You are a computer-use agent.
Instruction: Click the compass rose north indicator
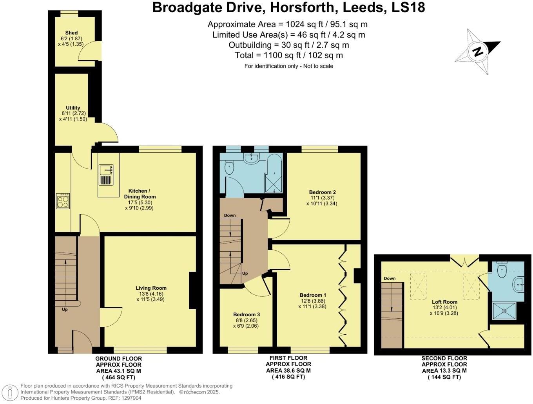pyautogui.click(x=477, y=51)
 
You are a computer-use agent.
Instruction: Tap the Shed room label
pyautogui.click(x=71, y=33)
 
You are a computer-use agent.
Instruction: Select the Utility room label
pyautogui.click(x=73, y=108)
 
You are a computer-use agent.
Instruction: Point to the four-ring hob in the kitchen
pyautogui.click(x=63, y=201)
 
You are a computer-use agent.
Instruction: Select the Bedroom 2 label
pyautogui.click(x=322, y=192)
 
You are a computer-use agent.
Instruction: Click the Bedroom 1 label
pyautogui.click(x=313, y=295)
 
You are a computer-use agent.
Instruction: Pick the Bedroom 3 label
pyautogui.click(x=246, y=314)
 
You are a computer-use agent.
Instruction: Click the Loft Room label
pyautogui.click(x=444, y=302)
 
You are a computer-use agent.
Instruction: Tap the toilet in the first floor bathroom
pyautogui.click(x=229, y=168)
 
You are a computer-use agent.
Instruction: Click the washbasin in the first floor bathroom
pyautogui.click(x=250, y=158)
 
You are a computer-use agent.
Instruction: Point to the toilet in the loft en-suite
pyautogui.click(x=502, y=269)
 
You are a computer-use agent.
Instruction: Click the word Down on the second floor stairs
pyautogui.click(x=390, y=279)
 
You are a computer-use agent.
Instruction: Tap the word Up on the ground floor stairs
pyautogui.click(x=65, y=309)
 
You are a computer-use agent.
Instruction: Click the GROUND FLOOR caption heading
pyautogui.click(x=118, y=359)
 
